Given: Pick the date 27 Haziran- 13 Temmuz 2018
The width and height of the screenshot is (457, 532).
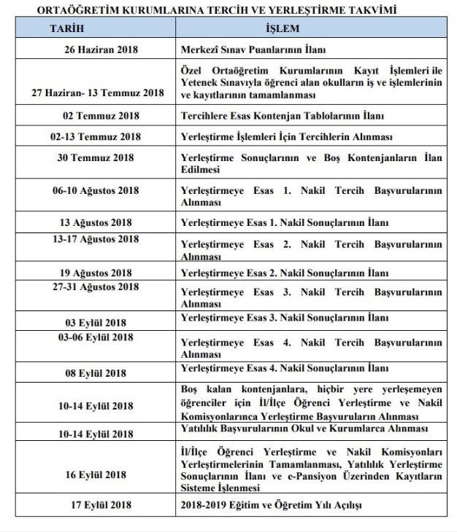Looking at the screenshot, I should pyautogui.click(x=98, y=93).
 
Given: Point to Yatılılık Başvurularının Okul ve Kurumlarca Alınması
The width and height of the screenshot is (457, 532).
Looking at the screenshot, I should pyautogui.click(x=304, y=428).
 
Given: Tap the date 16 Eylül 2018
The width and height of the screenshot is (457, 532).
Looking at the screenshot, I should pyautogui.click(x=96, y=474).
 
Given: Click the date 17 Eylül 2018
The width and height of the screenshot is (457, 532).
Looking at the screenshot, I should pyautogui.click(x=96, y=504).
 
